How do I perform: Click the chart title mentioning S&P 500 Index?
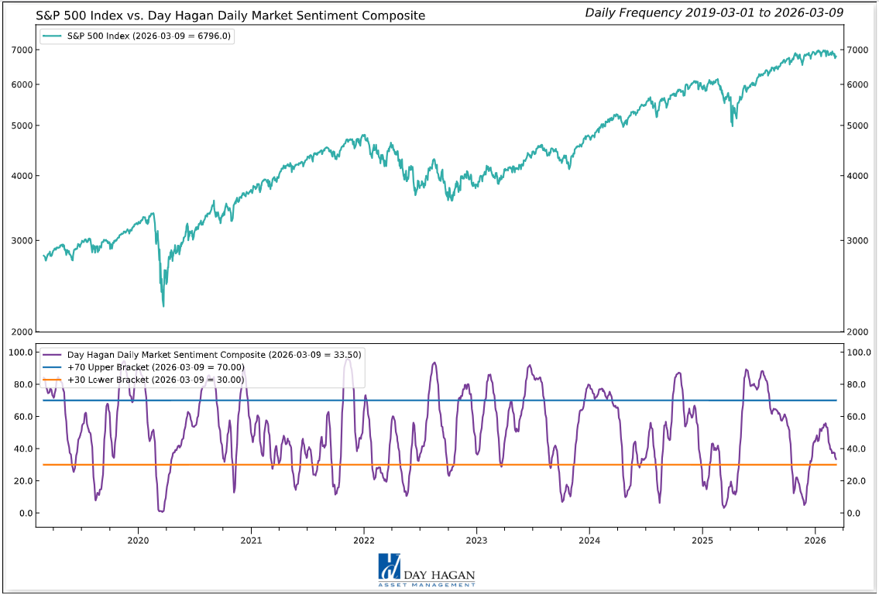click(230, 15)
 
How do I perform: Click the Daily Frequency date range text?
click(713, 12)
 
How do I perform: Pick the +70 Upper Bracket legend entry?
click(155, 367)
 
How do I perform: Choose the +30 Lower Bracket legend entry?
click(155, 380)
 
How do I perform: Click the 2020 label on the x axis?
click(138, 539)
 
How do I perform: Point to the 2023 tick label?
click(476, 539)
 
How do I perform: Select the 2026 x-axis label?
click(815, 539)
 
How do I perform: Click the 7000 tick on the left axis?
click(21, 50)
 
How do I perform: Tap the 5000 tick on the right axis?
click(857, 126)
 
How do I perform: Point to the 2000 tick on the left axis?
click(21, 332)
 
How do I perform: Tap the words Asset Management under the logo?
click(438, 585)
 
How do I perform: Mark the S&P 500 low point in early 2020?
click(163, 306)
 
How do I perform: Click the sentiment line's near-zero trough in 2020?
click(161, 511)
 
